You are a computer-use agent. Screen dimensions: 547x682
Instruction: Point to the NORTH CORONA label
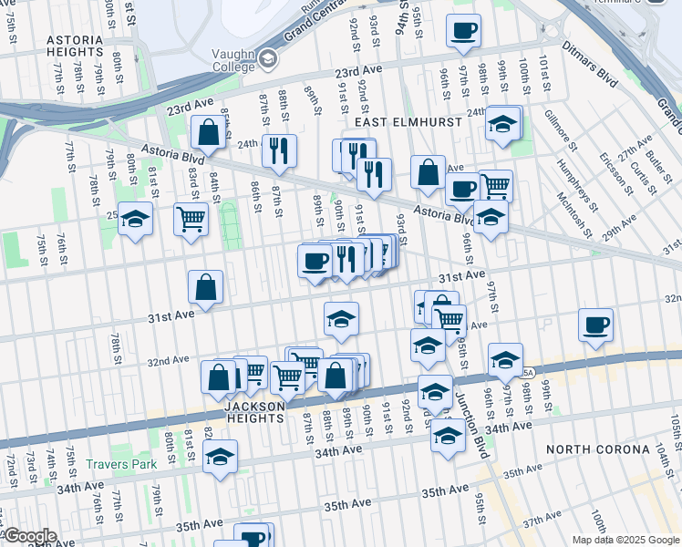597,449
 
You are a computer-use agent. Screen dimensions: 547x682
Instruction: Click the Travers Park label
121,464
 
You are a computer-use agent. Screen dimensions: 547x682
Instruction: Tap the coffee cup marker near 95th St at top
463,31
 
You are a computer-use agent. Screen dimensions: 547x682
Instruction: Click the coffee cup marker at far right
595,325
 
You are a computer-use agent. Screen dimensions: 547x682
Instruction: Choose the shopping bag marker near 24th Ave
208,131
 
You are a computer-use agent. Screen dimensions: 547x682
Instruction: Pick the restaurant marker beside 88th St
279,150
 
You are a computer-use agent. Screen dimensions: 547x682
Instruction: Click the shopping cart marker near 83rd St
191,219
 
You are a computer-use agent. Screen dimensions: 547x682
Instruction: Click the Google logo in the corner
30,536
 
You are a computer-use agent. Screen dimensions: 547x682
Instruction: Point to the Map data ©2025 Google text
625,540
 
